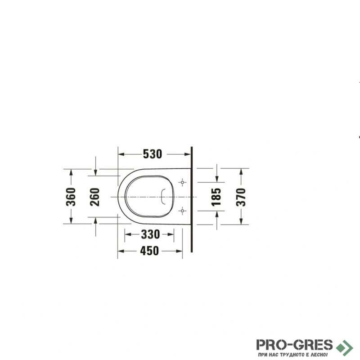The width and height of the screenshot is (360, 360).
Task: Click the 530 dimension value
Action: pyautogui.click(x=153, y=154)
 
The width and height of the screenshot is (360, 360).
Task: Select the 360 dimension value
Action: pyautogui.click(x=71, y=197)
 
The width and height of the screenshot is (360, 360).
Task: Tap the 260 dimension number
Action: pyautogui.click(x=94, y=197)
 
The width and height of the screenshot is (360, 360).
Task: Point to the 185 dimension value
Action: pyautogui.click(x=216, y=197)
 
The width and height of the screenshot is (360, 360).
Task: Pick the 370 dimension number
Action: pyautogui.click(x=241, y=197)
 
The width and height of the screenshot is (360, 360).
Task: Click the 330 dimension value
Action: pyautogui.click(x=150, y=234)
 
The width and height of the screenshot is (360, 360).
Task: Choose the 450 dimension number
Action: pyautogui.click(x=149, y=251)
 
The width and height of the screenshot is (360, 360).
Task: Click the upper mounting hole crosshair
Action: pyautogui.click(x=182, y=182)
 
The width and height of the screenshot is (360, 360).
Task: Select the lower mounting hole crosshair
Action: pyautogui.click(x=182, y=211)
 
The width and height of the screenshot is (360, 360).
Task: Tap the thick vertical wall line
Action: pyautogui.click(x=192, y=199)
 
